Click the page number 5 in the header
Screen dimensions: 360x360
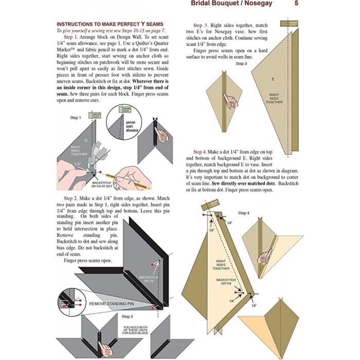[x=297, y=5]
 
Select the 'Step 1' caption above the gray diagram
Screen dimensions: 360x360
[x=76, y=118]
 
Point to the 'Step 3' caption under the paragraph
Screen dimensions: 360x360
[x=241, y=64]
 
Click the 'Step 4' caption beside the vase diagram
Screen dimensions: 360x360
[x=243, y=212]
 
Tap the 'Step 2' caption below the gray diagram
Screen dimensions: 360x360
[x=128, y=316]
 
